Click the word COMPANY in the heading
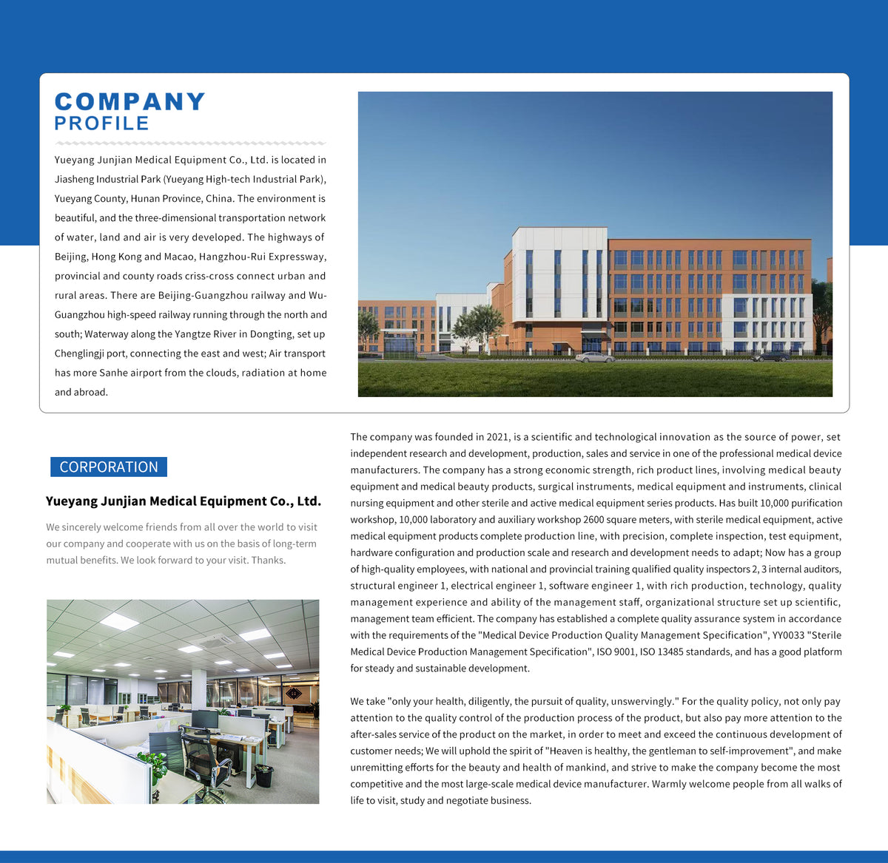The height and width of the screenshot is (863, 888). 130,102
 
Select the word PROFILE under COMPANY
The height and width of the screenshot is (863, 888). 102,123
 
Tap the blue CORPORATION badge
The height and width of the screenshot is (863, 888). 109,467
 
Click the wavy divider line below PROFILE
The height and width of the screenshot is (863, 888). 190,143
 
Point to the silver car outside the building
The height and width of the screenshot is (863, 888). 595,357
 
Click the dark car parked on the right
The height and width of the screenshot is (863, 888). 770,356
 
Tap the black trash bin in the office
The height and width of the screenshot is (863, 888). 264,775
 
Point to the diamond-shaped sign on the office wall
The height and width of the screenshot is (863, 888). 294,693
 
